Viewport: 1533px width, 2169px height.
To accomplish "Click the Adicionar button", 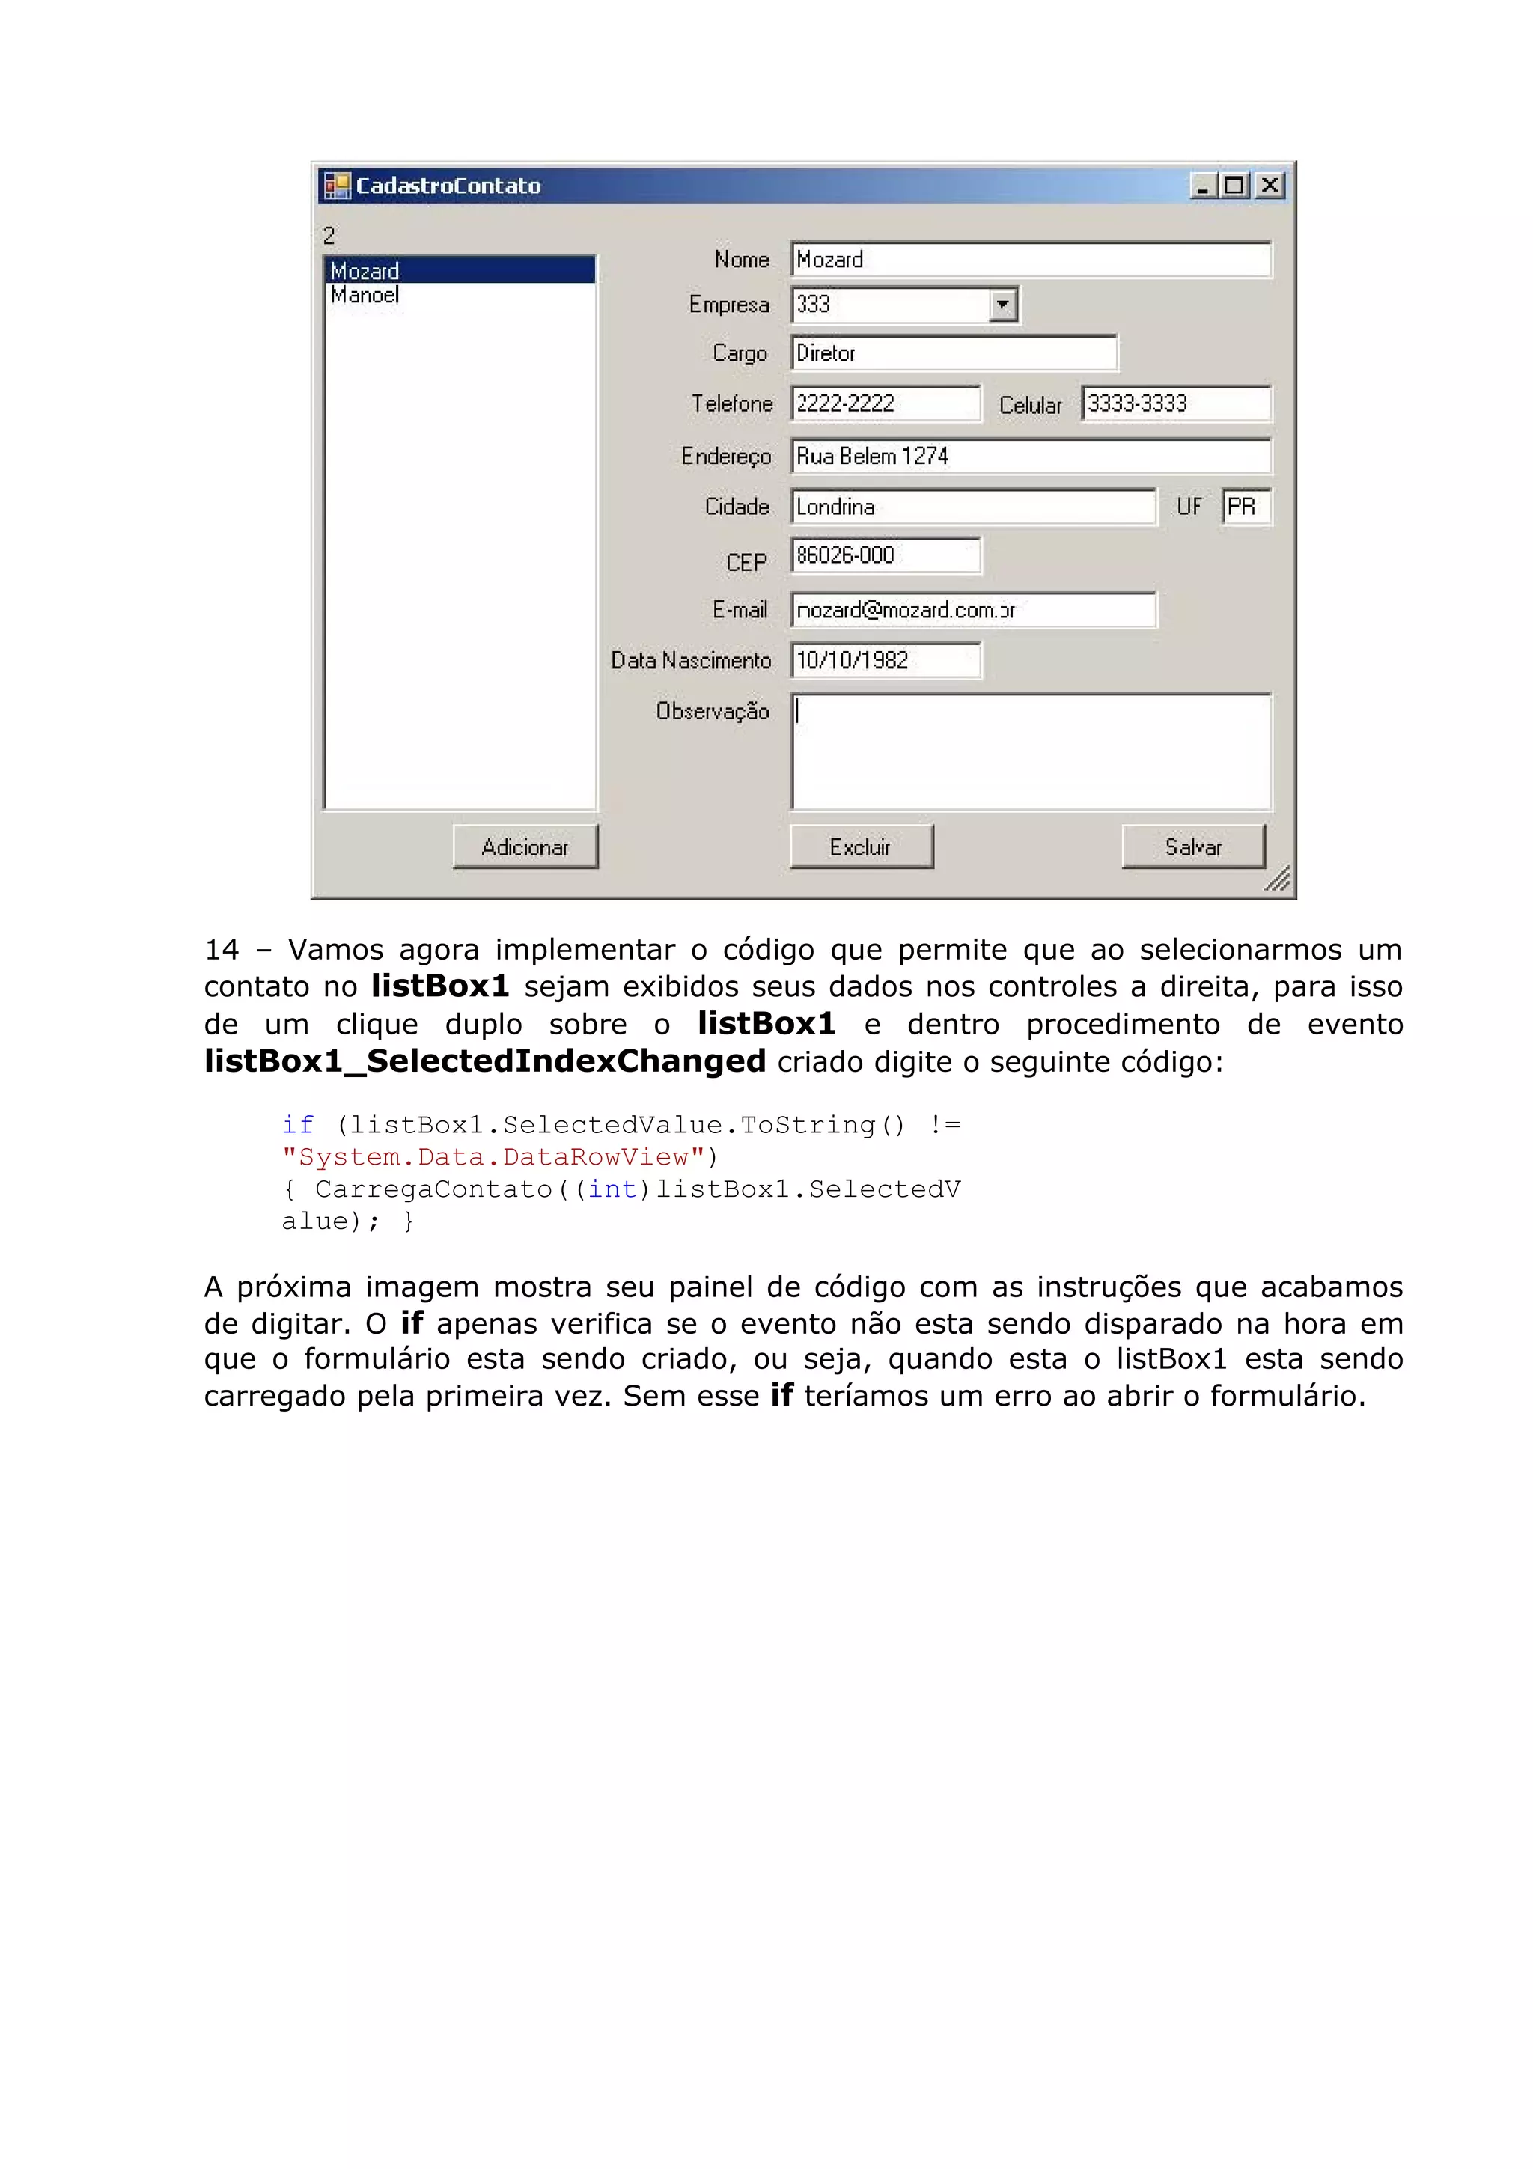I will point(525,846).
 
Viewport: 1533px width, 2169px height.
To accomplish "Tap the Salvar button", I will point(1193,846).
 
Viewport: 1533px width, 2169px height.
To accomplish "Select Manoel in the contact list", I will point(365,296).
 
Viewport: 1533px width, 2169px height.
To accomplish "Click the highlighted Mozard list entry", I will point(365,271).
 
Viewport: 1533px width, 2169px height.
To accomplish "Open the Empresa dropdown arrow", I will point(1002,304).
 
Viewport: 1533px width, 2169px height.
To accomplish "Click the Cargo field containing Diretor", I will point(954,353).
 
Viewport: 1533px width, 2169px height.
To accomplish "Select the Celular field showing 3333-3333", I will point(1176,403).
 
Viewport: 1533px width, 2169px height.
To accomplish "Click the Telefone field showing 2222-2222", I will point(885,403).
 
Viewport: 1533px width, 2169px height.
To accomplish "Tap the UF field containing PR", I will point(1246,507).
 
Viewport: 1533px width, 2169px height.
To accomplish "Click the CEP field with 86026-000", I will point(885,555).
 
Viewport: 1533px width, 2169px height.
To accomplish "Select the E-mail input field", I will point(973,610).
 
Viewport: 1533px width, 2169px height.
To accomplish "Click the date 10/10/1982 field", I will point(885,660).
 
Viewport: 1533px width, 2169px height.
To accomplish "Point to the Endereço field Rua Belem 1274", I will point(1029,457).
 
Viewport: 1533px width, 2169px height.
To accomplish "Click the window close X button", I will point(1271,185).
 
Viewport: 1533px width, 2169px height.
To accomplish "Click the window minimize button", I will point(1202,185).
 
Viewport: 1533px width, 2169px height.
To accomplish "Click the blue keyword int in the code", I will point(612,1189).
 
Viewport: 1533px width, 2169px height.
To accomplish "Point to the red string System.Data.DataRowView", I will point(494,1157).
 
